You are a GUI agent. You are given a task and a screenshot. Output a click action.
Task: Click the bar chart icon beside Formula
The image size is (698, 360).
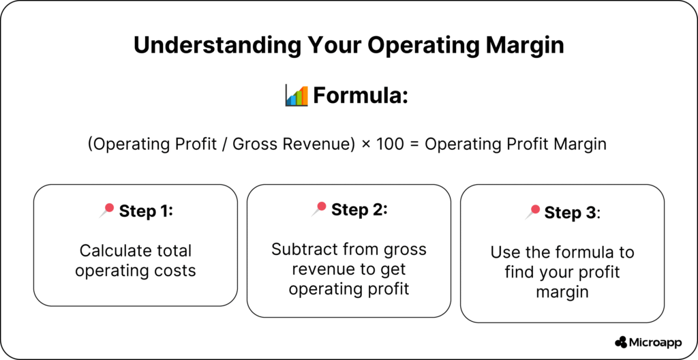click(297, 95)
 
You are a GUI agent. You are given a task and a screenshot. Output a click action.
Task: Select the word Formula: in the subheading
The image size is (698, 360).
click(361, 95)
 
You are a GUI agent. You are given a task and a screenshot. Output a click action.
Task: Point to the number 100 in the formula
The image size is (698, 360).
click(391, 144)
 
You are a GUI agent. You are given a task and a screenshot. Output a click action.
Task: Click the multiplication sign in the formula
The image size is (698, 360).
click(366, 145)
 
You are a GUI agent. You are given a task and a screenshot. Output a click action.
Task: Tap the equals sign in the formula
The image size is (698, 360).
click(414, 145)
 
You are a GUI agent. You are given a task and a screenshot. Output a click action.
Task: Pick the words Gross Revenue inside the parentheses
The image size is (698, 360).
click(291, 144)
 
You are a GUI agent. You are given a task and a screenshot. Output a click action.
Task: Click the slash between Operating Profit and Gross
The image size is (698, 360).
click(224, 144)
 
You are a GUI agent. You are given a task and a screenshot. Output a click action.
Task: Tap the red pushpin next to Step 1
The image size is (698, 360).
click(106, 210)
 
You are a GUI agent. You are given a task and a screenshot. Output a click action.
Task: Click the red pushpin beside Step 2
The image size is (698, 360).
click(319, 209)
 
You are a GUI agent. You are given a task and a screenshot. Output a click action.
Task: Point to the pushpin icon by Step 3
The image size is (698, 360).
click(532, 212)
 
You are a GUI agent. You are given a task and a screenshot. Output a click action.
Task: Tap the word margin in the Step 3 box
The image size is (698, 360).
click(562, 292)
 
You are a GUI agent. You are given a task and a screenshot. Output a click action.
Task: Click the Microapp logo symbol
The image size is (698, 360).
click(621, 342)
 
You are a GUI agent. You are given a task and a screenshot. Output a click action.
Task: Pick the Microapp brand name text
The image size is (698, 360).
click(655, 343)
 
